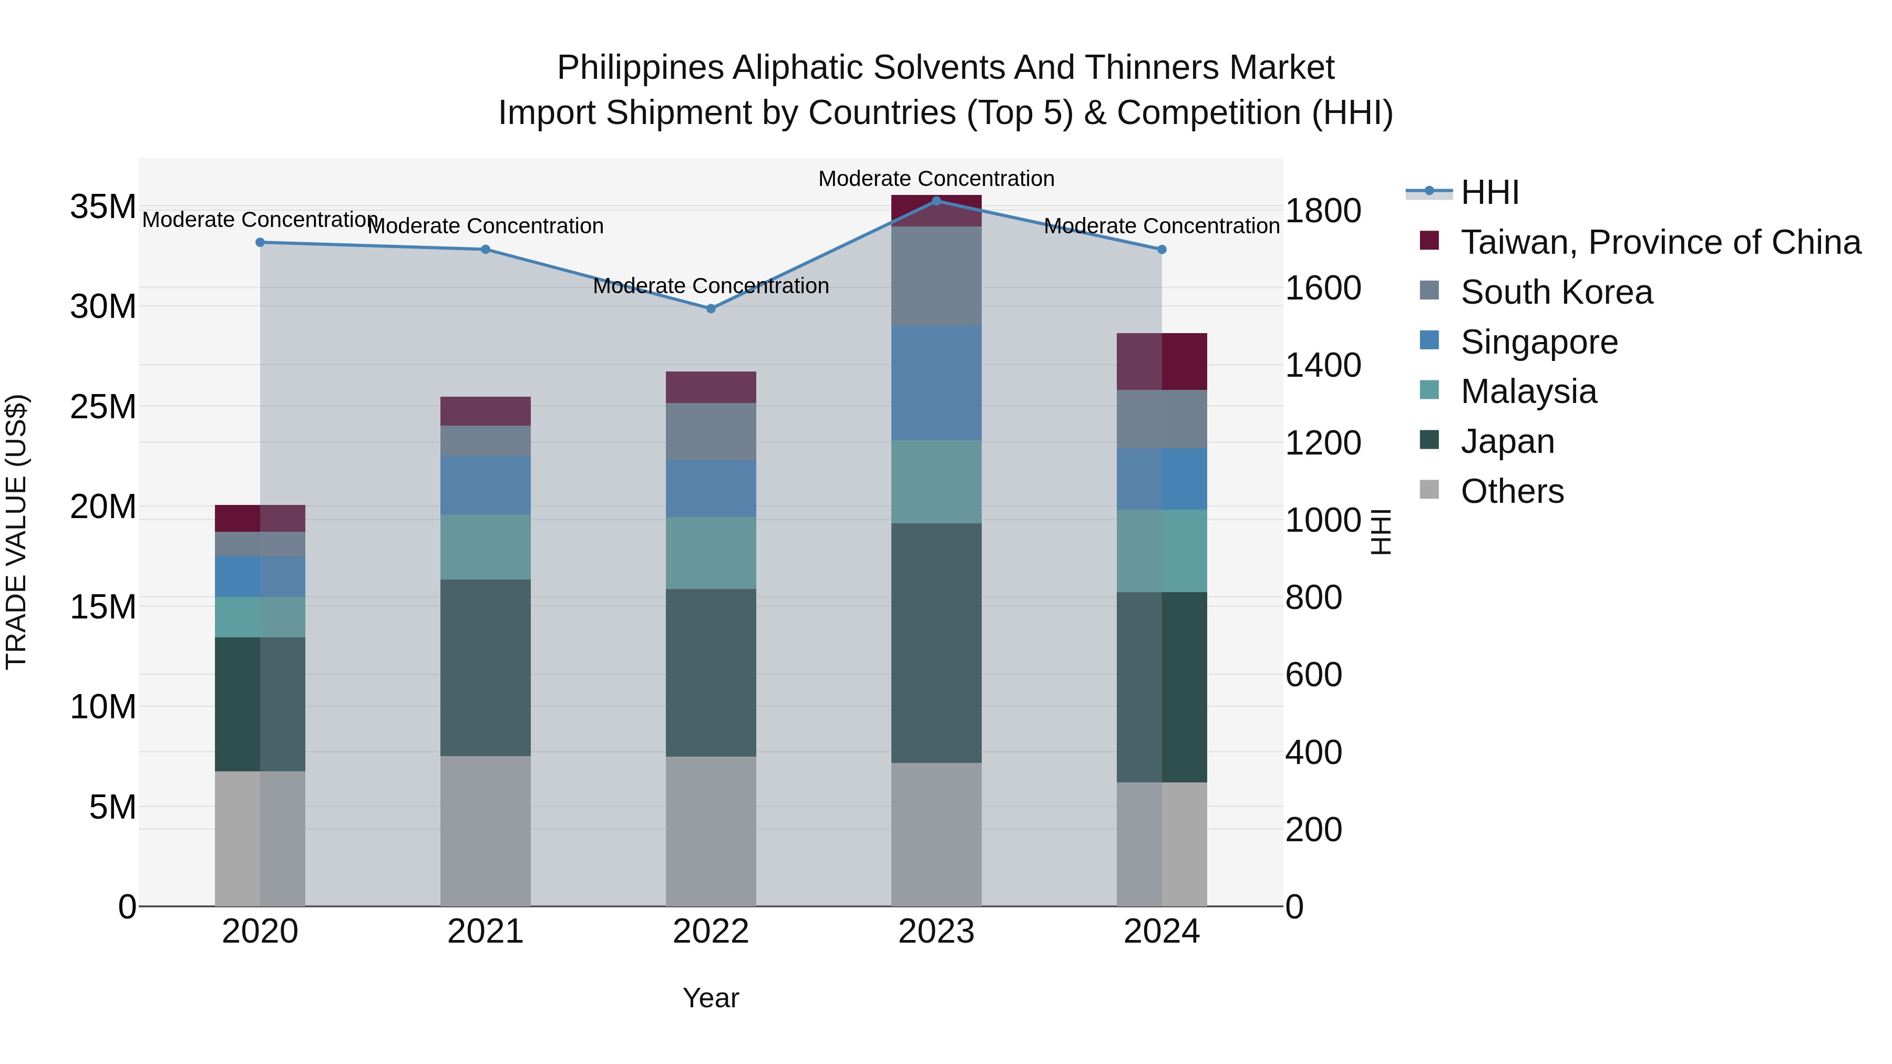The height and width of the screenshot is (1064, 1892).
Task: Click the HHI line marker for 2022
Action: point(710,308)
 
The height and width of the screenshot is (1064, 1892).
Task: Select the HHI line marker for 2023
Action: point(935,201)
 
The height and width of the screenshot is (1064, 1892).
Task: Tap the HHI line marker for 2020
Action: point(260,242)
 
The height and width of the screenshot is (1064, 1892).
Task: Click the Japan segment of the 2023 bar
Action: point(935,643)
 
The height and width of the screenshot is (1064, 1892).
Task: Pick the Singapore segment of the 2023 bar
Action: point(935,384)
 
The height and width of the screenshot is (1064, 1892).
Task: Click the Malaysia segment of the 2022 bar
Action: point(710,553)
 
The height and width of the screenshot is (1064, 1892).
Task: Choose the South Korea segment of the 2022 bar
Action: point(710,432)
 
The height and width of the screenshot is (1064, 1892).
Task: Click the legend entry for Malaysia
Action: point(1528,391)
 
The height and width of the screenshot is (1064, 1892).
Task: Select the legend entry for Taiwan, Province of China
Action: point(1660,242)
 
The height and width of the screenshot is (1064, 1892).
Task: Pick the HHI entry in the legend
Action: point(1489,192)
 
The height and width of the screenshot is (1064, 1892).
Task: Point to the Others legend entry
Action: point(1512,491)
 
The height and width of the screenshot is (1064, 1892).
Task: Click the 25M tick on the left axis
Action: point(103,407)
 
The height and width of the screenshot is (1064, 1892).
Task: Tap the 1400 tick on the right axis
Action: point(1323,366)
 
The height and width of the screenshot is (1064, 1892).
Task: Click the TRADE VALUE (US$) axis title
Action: point(16,532)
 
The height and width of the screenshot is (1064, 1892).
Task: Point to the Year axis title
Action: point(710,998)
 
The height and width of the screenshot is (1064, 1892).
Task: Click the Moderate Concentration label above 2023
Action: point(935,179)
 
